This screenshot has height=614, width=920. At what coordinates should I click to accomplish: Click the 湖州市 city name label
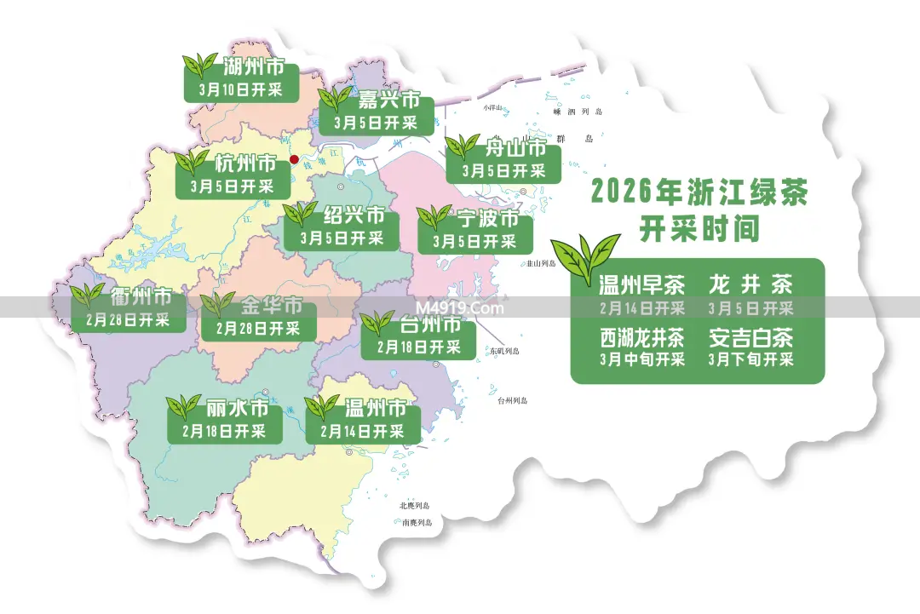pos(254,66)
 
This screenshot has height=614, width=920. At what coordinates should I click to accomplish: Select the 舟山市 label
pos(515,147)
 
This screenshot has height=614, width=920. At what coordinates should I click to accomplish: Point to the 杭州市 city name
pos(245,163)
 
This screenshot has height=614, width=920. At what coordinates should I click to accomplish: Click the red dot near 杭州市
pos(294,159)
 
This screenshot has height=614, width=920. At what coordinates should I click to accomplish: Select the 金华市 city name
pos(272,305)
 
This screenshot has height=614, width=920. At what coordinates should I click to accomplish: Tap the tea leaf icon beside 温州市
pos(322,407)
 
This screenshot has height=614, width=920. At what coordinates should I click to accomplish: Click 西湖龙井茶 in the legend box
pos(641,337)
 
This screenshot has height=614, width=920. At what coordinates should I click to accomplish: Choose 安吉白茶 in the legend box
pos(750,337)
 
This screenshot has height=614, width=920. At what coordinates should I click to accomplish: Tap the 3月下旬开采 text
pos(750,359)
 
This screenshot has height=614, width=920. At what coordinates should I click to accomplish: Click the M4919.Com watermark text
pos(460,308)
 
